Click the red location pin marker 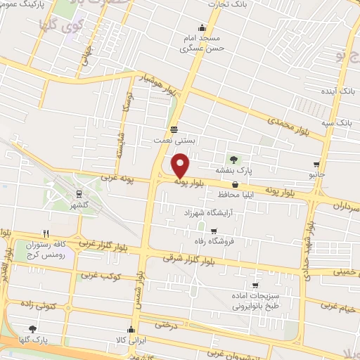pos(181,166)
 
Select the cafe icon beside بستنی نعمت pos(174,129)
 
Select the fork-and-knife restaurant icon pos(46,233)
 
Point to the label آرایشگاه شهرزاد pos(212,212)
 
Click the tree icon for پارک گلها pos(32,328)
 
